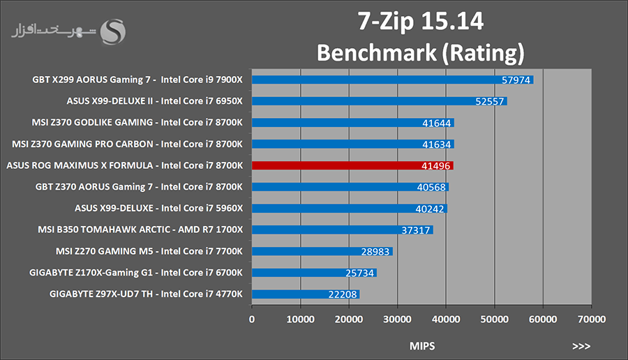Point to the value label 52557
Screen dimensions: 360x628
pos(491,102)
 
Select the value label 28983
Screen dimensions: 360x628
pos(376,252)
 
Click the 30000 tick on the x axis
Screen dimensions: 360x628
pos(397,320)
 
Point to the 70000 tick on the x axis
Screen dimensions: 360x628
pos(591,320)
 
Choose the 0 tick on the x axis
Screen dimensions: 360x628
pos(252,320)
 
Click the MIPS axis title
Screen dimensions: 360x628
pos(421,345)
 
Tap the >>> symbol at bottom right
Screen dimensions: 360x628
pos(581,345)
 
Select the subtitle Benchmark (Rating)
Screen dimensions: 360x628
pos(420,52)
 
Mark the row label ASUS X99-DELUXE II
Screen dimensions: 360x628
pos(154,101)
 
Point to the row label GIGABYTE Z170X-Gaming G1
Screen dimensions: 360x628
pos(136,273)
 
